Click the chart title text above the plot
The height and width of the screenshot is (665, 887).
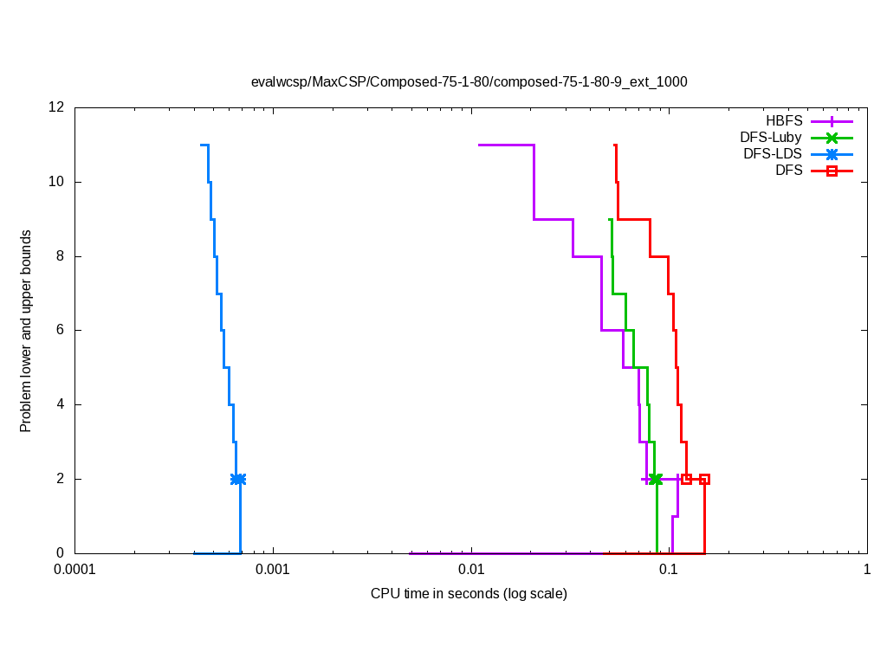tap(469, 82)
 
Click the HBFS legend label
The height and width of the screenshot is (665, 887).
tap(784, 121)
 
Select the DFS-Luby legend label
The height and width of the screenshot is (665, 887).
tap(771, 138)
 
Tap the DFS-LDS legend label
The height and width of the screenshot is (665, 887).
tap(773, 154)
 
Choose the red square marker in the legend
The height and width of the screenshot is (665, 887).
tap(832, 171)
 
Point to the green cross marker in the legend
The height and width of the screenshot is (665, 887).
tap(832, 138)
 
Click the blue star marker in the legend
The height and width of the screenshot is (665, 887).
tap(832, 154)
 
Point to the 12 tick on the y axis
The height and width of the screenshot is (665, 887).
tap(57, 107)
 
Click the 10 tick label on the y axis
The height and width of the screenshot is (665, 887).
tap(57, 182)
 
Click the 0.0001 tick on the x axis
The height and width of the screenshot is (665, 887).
tap(74, 570)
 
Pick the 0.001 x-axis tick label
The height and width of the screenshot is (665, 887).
tap(273, 570)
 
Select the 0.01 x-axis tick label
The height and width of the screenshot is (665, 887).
tap(471, 570)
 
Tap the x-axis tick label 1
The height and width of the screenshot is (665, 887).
tap(867, 570)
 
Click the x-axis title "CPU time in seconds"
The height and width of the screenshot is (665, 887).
tap(469, 593)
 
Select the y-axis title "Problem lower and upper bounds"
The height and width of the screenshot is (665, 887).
tap(26, 331)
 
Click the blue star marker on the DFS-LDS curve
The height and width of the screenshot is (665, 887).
tap(238, 479)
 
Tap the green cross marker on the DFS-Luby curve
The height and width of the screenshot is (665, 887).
tap(656, 479)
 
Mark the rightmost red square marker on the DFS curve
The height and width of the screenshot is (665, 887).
tap(705, 479)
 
